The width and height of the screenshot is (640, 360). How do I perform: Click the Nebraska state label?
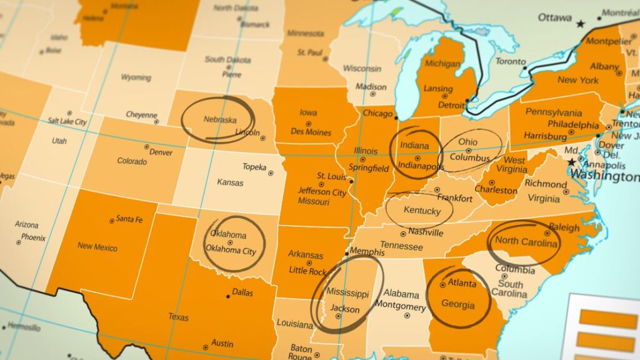click(x=220, y=119)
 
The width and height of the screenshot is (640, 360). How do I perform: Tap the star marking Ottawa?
click(x=581, y=24)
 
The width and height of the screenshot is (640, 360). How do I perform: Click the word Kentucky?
click(x=422, y=211)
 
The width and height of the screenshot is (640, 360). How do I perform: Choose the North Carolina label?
click(x=526, y=242)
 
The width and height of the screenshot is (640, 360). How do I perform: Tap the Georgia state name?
click(x=457, y=306)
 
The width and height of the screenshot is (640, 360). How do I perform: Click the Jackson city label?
click(x=345, y=309)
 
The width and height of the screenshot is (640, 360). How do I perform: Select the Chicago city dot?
click(x=396, y=117)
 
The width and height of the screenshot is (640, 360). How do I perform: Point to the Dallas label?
click(x=242, y=292)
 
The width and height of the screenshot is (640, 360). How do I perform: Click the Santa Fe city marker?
click(x=112, y=220)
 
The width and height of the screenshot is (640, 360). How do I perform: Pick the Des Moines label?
click(x=311, y=132)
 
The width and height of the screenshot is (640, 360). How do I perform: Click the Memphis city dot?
click(x=346, y=254)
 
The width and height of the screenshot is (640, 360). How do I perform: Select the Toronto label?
click(x=510, y=62)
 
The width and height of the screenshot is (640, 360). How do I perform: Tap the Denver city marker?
click(x=147, y=147)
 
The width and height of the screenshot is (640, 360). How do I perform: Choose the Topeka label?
click(x=254, y=167)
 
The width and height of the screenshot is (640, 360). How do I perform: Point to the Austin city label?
click(x=222, y=343)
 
